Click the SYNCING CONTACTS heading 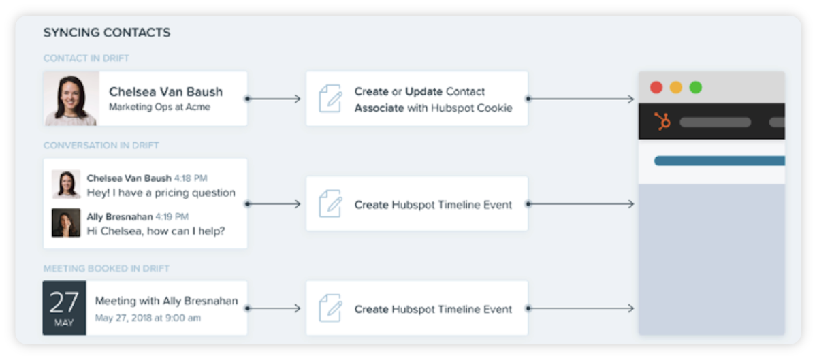pos(106,33)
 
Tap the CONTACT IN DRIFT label pos(86,59)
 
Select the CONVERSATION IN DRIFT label pos(101,145)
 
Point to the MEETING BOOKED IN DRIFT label pos(106,268)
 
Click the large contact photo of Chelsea pos(71,99)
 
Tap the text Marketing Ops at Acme pos(159,107)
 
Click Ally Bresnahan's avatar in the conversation pos(65,223)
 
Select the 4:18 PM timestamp pos(191,178)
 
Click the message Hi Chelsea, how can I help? pos(156,231)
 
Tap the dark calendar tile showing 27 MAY pos(64,308)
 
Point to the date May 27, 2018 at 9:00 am pos(148,318)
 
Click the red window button pos(656,88)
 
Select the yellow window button pos(676,88)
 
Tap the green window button pos(696,88)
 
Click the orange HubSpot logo pos(662,121)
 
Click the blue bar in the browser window pos(720,161)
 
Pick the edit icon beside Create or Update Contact pos(330,99)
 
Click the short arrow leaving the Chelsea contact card pos(274,99)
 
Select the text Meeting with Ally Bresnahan pos(166,301)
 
